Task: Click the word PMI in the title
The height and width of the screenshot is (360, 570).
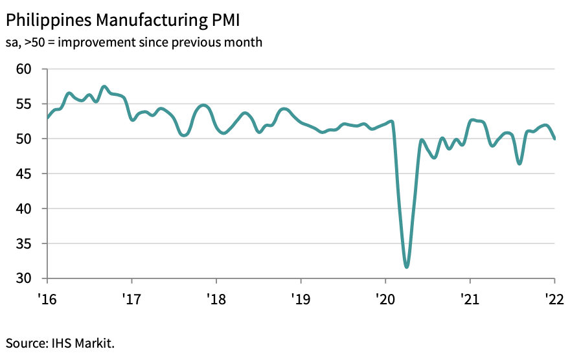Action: coord(223,21)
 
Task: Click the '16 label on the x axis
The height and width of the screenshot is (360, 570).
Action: coord(47,300)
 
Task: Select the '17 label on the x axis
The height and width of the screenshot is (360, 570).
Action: coord(131,300)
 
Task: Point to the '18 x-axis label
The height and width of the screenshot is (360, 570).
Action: coord(216,300)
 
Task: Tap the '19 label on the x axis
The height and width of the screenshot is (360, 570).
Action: coord(301,300)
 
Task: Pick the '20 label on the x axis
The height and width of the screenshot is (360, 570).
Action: coord(385,300)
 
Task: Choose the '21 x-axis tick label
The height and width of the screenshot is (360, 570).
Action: coord(470,300)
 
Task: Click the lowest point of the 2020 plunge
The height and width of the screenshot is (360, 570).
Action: coord(406,266)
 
